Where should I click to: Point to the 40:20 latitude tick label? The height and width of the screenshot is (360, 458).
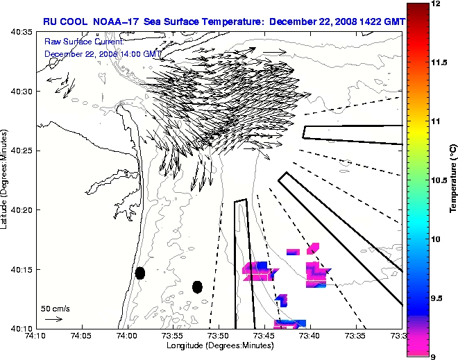pyautogui.click(x=17, y=210)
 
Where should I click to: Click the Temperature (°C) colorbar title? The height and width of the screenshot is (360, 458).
pyautogui.click(x=452, y=180)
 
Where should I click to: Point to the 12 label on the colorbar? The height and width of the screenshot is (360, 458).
pyautogui.click(x=435, y=4)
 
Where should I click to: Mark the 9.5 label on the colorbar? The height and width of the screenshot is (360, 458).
pyautogui.click(x=436, y=298)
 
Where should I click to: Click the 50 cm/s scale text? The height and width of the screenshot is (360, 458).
pyautogui.click(x=55, y=308)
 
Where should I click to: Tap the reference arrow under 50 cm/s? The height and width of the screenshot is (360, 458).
pyautogui.click(x=53, y=319)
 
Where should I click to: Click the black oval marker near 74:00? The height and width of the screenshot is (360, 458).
pyautogui.click(x=140, y=273)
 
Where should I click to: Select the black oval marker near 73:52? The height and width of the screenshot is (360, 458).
pyautogui.click(x=197, y=286)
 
